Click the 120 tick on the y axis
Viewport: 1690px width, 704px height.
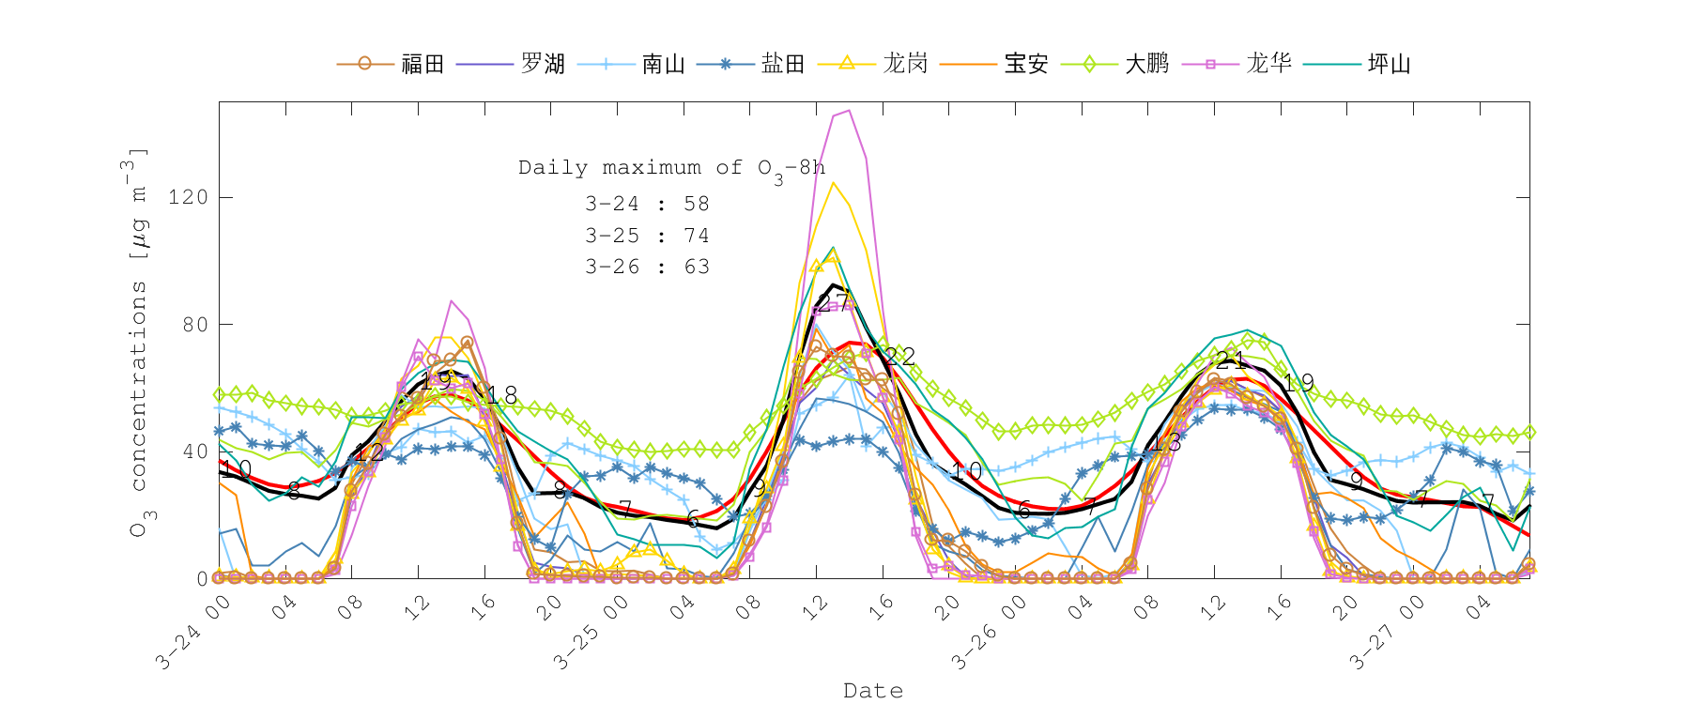[188, 197]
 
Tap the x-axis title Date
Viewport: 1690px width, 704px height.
[873, 691]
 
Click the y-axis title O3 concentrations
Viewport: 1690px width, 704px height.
[138, 343]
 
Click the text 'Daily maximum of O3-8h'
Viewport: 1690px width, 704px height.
[671, 168]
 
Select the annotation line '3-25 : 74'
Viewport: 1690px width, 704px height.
[647, 236]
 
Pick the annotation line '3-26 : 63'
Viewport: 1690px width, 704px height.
[647, 267]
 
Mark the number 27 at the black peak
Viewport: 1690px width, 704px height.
[833, 302]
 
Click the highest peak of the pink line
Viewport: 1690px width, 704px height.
[849, 111]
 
